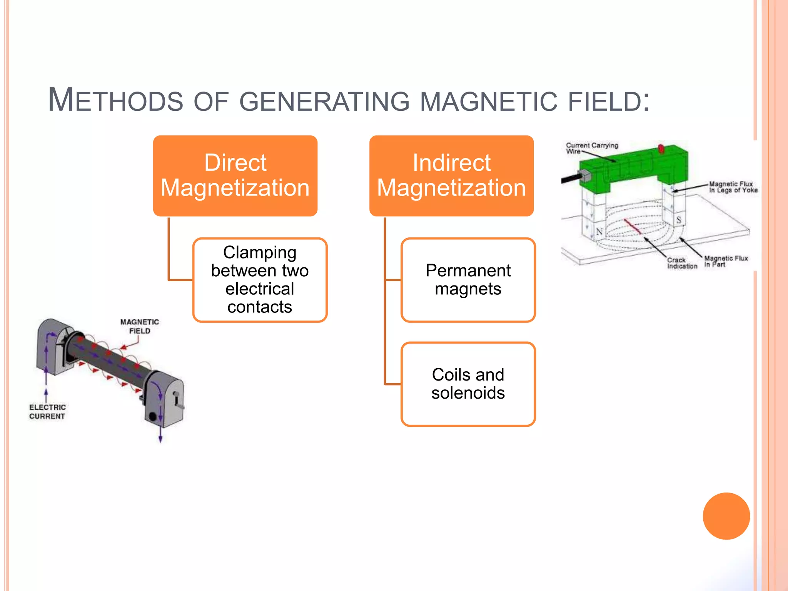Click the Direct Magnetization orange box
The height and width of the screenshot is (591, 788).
235,175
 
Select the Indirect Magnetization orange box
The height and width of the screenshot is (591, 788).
451,175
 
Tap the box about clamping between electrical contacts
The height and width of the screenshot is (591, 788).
260,280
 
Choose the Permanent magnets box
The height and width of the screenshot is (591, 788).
468,280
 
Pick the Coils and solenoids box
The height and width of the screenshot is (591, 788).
468,384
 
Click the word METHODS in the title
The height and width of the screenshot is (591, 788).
115,100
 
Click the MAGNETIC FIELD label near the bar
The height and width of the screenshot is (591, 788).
139,326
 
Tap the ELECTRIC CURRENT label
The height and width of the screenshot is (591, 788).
47,411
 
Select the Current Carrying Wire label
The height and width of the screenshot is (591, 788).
591,148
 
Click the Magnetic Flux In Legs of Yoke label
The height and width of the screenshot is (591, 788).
733,187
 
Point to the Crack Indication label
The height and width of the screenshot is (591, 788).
682,263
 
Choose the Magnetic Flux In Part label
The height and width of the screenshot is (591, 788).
725,261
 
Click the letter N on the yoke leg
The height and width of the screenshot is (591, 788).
599,232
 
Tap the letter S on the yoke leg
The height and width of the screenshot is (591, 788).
679,220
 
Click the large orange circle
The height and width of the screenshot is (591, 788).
726,516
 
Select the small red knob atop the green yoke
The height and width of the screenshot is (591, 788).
661,149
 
